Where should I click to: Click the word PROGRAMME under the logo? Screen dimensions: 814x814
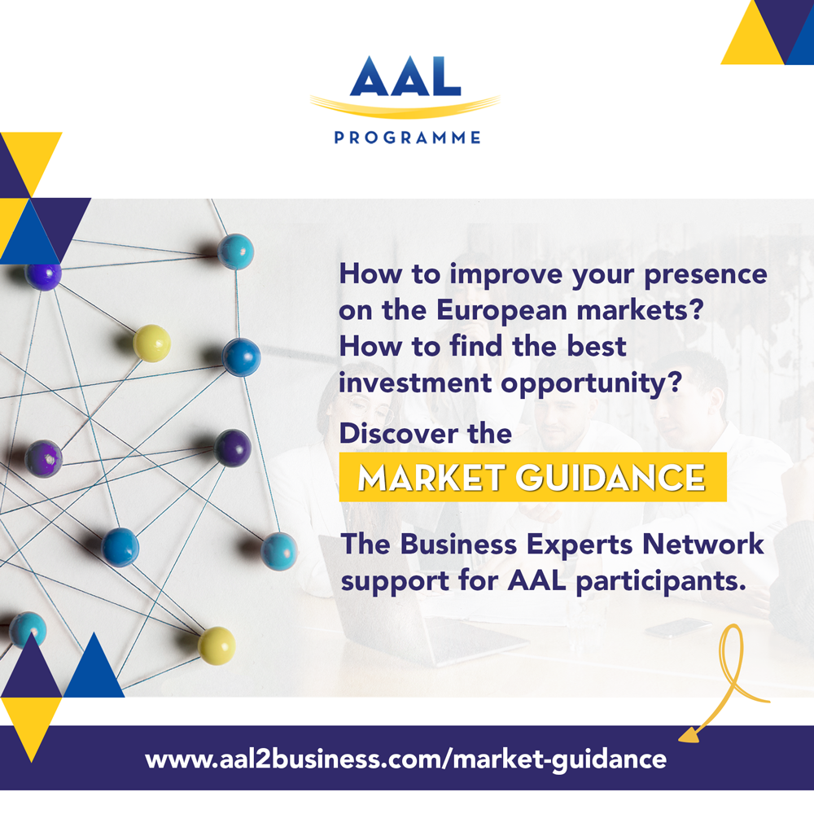pos(407,138)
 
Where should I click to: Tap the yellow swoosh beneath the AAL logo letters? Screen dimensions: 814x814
pos(405,107)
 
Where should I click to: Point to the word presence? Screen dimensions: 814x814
pos(706,275)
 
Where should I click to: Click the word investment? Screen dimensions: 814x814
pos(415,383)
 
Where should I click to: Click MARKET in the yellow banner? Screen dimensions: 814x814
pos(431,477)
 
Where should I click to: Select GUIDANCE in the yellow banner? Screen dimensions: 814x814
pos(611,477)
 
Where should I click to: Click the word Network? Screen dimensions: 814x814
pos(703,544)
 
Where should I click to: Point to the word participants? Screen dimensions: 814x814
pos(661,581)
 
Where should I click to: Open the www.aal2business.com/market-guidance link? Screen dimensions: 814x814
pos(406,759)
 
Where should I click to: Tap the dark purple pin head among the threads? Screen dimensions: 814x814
pos(233,448)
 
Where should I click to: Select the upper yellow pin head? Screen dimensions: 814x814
pos(151,344)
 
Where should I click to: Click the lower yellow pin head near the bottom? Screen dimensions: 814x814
pos(217,646)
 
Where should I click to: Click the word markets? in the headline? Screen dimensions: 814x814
pos(640,310)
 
